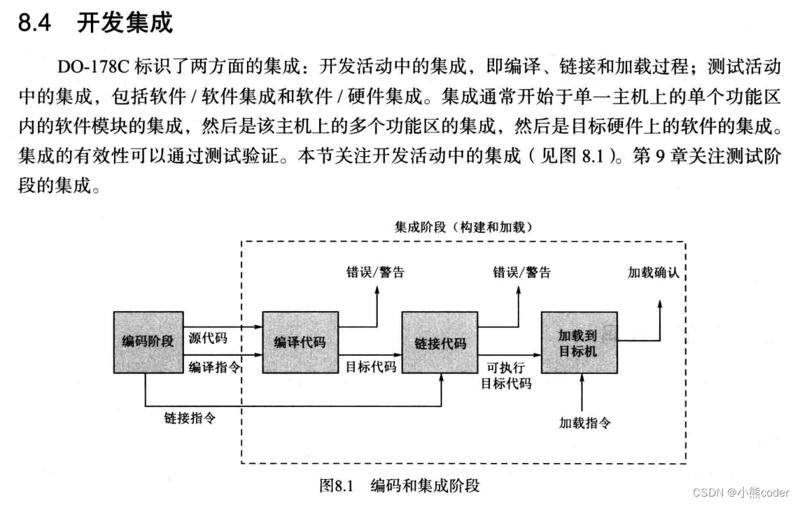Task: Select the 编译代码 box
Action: pos(300,343)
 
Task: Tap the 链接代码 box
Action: pos(440,344)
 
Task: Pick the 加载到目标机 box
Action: pos(578,343)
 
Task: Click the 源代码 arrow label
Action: pos(208,338)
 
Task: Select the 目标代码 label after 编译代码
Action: pos(370,366)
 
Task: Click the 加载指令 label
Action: pos(585,423)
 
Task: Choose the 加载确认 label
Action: pos(654,272)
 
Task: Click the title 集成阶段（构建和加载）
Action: pos(463,227)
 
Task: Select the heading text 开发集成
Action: pos(124,24)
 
